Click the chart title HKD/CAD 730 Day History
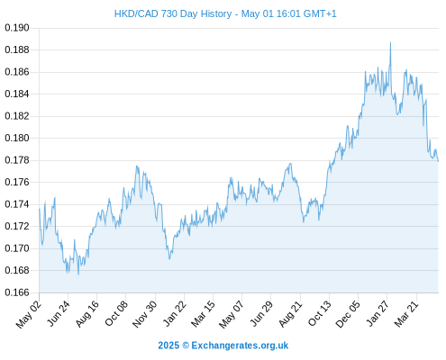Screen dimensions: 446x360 tap(173, 13)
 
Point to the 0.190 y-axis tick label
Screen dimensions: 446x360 tap(17, 28)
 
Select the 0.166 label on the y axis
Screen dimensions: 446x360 tap(17, 292)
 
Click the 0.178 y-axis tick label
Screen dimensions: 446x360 tap(17, 160)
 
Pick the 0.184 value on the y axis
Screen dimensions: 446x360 tap(17, 94)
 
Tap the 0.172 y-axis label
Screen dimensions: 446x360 tap(17, 226)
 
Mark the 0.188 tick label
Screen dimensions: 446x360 tap(17, 49)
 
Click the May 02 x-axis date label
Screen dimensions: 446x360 tap(29, 314)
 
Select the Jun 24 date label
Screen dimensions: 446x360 tap(59, 313)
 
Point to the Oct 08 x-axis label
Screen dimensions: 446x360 tap(116, 313)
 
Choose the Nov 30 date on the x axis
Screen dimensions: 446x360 tap(145, 314)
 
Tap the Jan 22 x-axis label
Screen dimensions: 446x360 tap(175, 313)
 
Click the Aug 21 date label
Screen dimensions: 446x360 tap(290, 314)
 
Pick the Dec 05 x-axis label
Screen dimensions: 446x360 tap(348, 314)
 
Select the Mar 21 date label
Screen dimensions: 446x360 tap(406, 314)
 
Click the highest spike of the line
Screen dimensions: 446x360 tap(390, 42)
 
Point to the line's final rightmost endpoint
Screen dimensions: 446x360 tap(438, 161)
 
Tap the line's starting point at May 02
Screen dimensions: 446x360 tap(40, 209)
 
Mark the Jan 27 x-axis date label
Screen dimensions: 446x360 tap(378, 313)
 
